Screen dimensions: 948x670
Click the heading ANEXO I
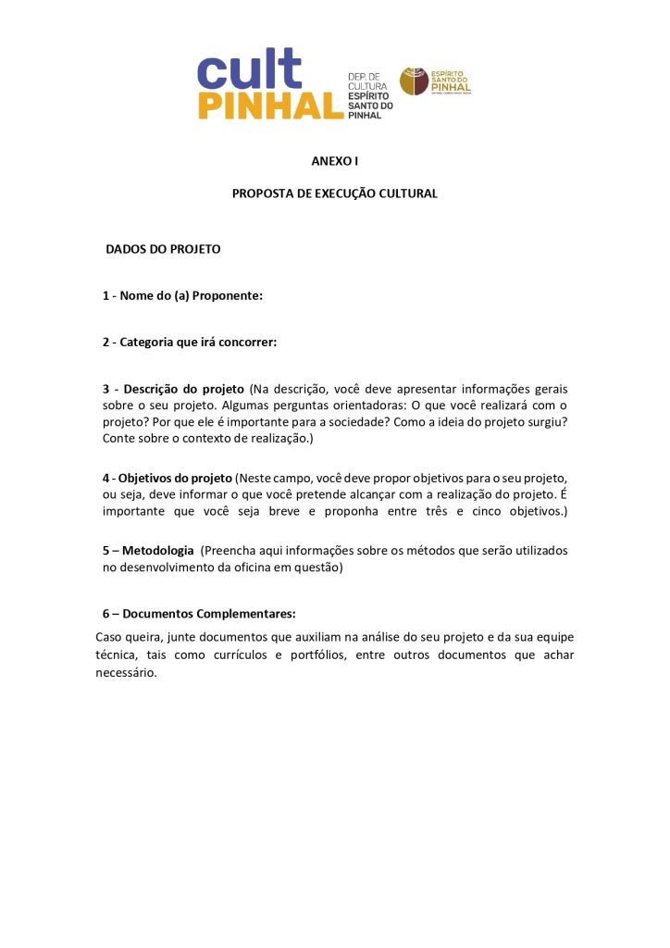point(334,161)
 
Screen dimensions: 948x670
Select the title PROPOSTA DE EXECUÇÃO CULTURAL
point(334,193)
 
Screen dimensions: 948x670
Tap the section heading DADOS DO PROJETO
point(163,249)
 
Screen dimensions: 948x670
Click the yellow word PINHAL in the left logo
point(269,106)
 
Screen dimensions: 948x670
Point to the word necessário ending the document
point(127,672)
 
